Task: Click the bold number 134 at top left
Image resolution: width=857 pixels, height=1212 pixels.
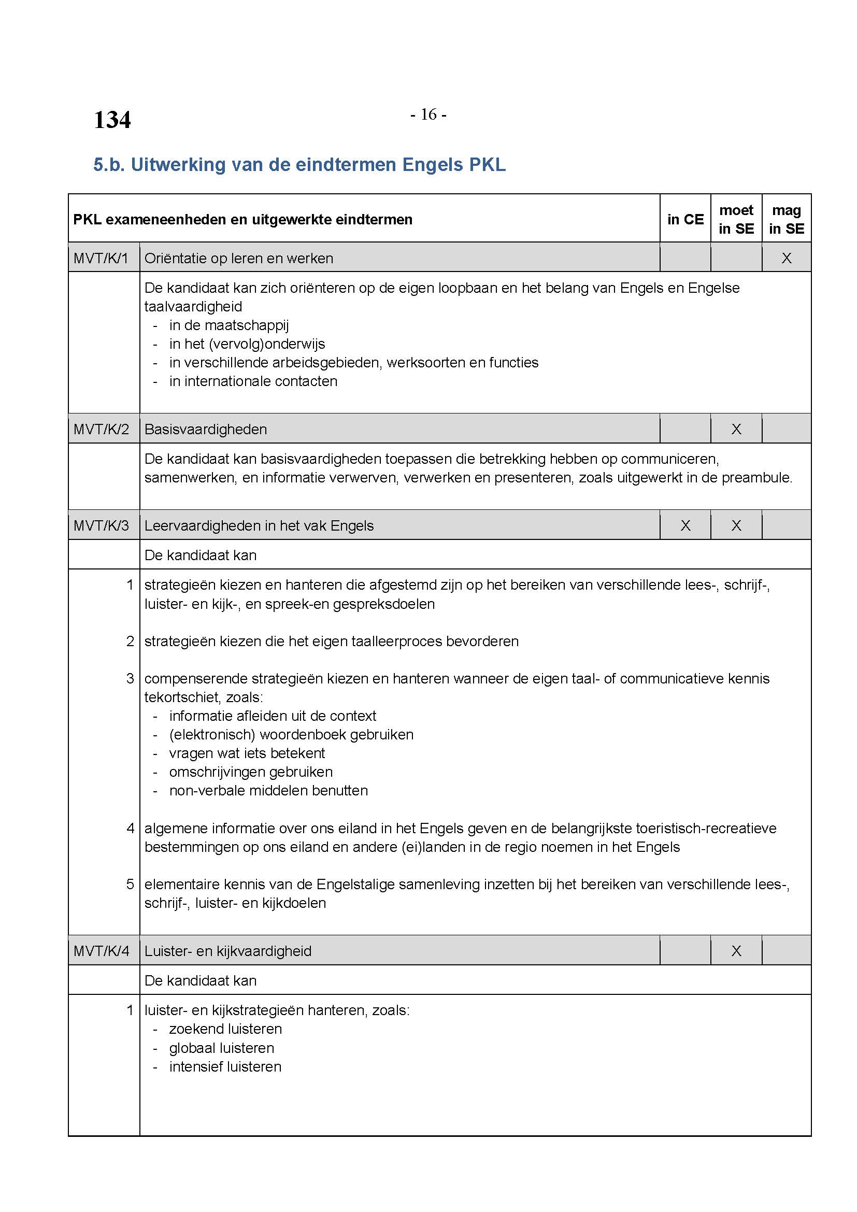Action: pyautogui.click(x=112, y=120)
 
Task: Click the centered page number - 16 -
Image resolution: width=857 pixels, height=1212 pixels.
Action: pyautogui.click(x=428, y=115)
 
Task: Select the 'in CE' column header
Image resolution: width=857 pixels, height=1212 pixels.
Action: pyautogui.click(x=685, y=220)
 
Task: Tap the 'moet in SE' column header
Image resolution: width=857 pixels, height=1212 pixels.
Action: pyautogui.click(x=736, y=220)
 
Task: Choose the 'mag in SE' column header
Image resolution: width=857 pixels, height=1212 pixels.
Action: pyautogui.click(x=787, y=220)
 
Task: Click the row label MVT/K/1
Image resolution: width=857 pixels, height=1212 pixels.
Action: pyautogui.click(x=102, y=259)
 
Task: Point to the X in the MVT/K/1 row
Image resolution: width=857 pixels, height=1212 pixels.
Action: pyautogui.click(x=787, y=259)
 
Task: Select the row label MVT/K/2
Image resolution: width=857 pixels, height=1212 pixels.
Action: pyautogui.click(x=102, y=429)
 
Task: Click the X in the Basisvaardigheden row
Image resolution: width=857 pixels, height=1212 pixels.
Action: pyautogui.click(x=736, y=429)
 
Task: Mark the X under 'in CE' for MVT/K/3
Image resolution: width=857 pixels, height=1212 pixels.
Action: pyautogui.click(x=685, y=526)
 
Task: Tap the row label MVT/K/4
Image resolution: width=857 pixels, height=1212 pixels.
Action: pyautogui.click(x=102, y=951)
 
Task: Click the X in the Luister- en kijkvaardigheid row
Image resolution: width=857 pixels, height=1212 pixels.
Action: pyautogui.click(x=736, y=951)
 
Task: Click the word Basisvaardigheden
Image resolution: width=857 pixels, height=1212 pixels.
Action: pyautogui.click(x=206, y=430)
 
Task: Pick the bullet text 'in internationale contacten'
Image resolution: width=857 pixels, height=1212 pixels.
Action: pyautogui.click(x=253, y=382)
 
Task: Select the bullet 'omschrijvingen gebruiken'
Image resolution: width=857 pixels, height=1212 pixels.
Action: pyautogui.click(x=251, y=772)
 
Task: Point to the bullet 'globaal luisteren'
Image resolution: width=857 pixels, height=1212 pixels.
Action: pyautogui.click(x=222, y=1048)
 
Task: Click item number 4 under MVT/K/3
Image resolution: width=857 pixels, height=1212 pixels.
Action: pyautogui.click(x=131, y=828)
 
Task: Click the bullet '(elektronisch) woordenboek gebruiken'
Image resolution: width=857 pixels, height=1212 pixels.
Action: pyautogui.click(x=291, y=735)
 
